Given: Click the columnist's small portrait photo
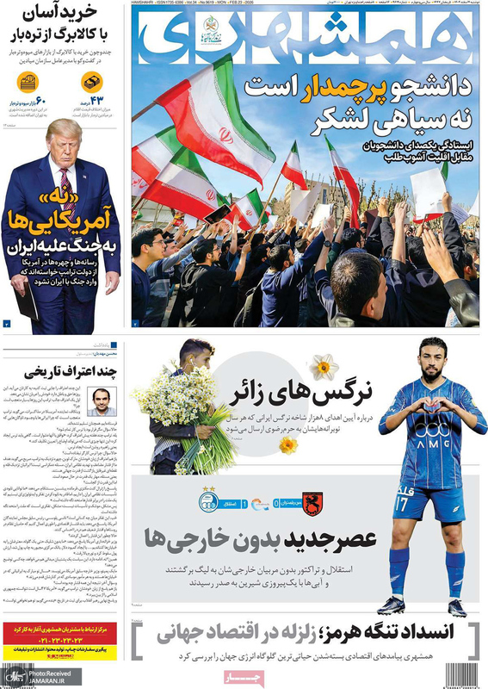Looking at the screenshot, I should pyautogui.click(x=102, y=400).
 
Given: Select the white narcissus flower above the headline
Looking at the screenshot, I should pyautogui.click(x=324, y=369).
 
